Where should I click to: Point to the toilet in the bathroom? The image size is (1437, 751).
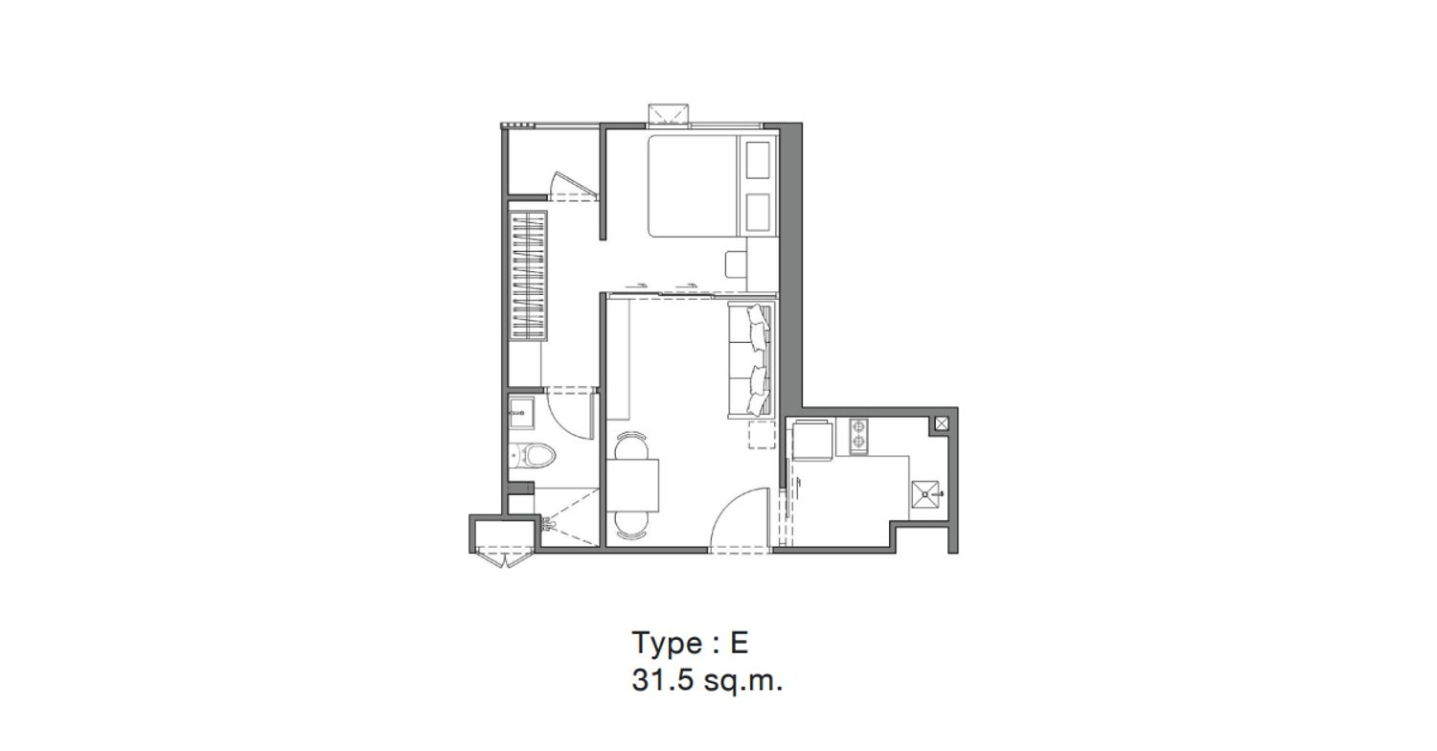pyautogui.click(x=533, y=456)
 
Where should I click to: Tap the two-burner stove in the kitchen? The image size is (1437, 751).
pyautogui.click(x=858, y=436)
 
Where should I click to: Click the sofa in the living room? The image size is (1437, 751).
pyautogui.click(x=752, y=361)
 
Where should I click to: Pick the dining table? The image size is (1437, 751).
pyautogui.click(x=633, y=485)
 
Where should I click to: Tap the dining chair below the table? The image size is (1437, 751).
pyautogui.click(x=631, y=525)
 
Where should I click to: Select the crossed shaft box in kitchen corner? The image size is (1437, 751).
pyautogui.click(x=941, y=423)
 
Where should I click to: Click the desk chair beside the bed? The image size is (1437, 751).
pyautogui.click(x=737, y=264)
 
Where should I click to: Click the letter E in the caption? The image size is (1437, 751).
pyautogui.click(x=739, y=642)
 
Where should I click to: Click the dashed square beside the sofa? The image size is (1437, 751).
pyautogui.click(x=763, y=434)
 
